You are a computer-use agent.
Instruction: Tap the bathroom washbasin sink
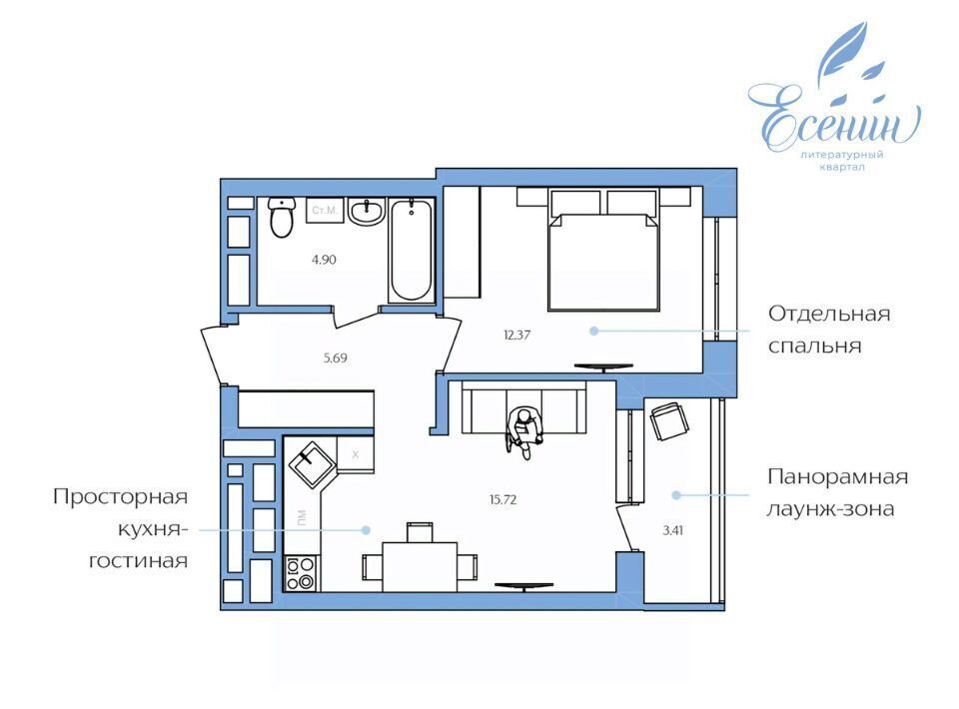367,212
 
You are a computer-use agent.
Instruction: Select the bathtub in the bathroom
411,251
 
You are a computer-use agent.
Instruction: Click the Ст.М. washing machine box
324,211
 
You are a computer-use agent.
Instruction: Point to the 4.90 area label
324,260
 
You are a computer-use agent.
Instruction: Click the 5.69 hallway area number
336,358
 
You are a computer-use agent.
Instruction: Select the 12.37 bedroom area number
516,335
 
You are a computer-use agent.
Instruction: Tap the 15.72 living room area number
502,499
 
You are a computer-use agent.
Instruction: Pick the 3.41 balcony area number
672,530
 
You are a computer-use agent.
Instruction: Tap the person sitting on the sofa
524,432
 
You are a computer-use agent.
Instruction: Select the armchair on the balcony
668,421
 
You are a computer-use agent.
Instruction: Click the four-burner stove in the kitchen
301,573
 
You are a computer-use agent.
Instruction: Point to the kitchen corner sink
312,465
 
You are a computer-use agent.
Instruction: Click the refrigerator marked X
356,454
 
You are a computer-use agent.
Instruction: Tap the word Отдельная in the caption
829,315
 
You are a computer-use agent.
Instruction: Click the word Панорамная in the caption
837,476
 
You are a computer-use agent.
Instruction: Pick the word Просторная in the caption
120,497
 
